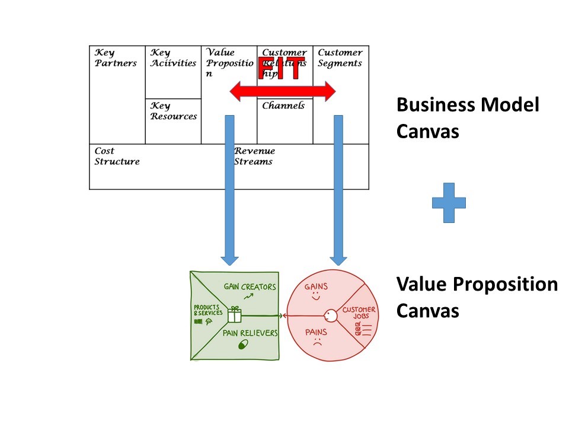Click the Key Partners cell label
pos(116,58)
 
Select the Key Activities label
pos(172,58)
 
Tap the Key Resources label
pos(173,111)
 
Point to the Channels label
pos(283,106)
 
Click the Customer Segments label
pos(340,58)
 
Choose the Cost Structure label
pos(117,156)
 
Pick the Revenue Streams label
pos(254,156)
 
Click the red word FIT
pos(282,69)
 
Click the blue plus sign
pos(449,202)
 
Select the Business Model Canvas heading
pos(467,117)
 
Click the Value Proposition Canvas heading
pos(477,297)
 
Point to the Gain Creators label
pos(250,287)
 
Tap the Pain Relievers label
pos(250,333)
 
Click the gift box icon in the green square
pos(235,314)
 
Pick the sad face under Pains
pos(317,342)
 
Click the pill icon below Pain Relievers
pos(242,345)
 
